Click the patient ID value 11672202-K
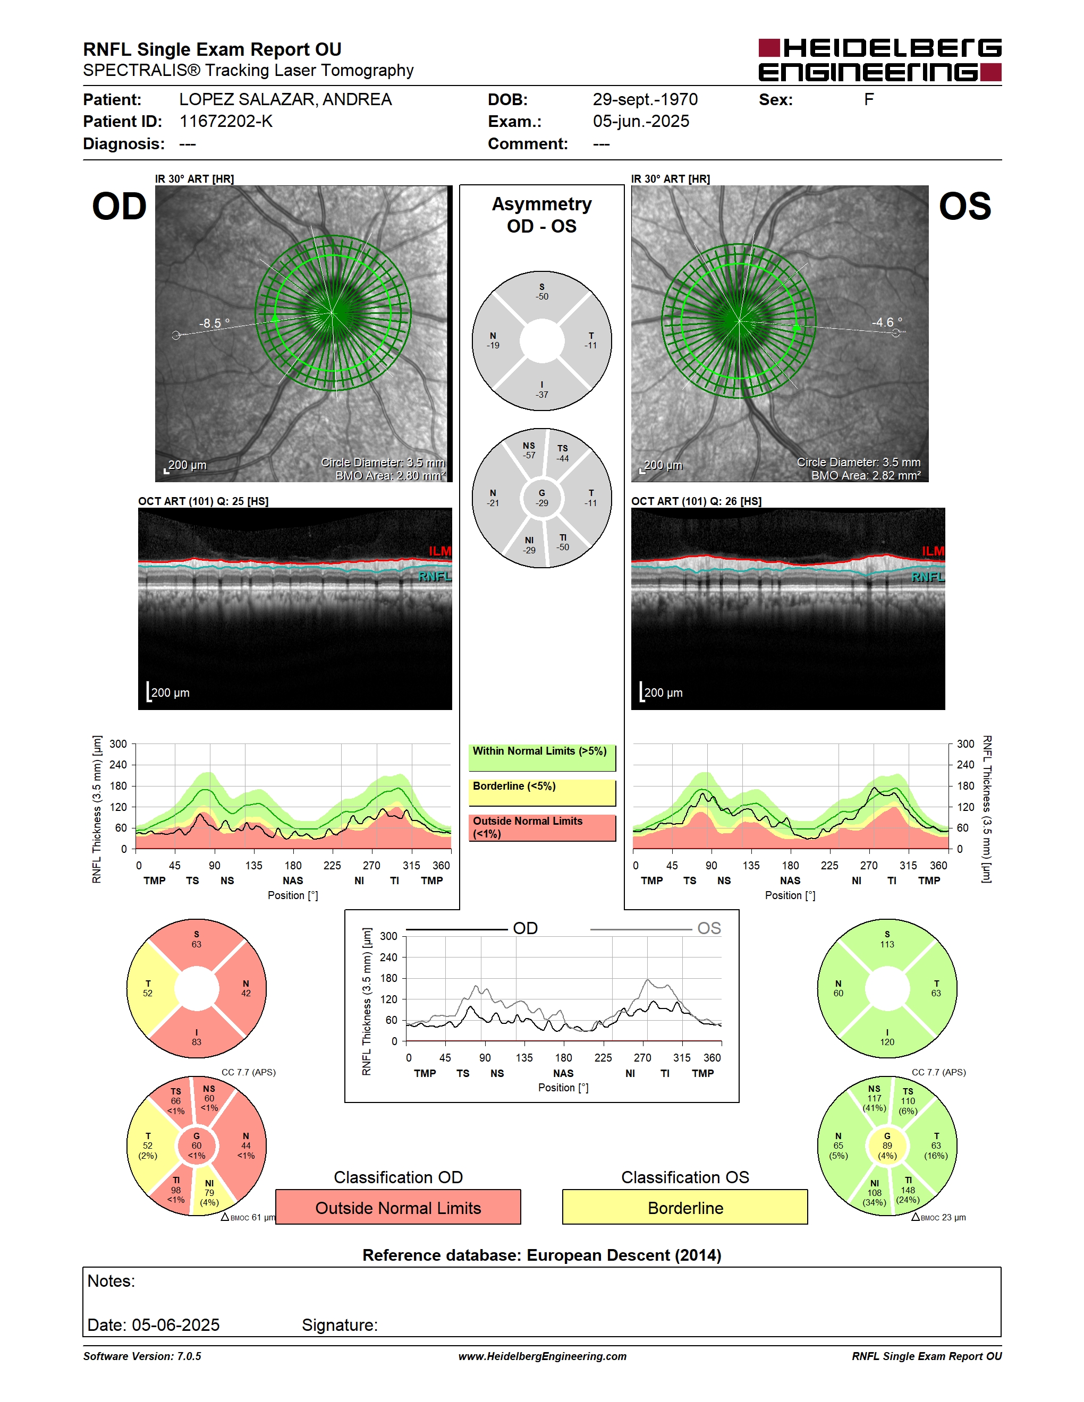point(226,121)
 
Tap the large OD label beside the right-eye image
point(120,207)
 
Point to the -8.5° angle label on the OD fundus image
point(214,323)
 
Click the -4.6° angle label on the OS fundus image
point(887,322)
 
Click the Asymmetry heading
point(542,204)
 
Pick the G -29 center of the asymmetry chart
point(542,498)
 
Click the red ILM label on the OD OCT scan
point(440,551)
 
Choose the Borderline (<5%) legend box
point(542,793)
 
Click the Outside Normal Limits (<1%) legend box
point(542,827)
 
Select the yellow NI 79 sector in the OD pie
point(210,1193)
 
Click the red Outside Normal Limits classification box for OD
point(398,1208)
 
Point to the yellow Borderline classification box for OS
point(685,1208)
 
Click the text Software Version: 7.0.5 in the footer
point(142,1356)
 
